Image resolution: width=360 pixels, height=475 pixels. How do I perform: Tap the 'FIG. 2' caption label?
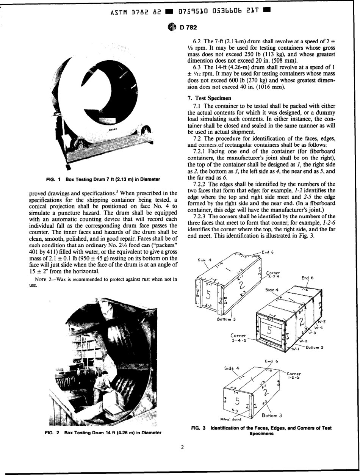coord(51,432)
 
